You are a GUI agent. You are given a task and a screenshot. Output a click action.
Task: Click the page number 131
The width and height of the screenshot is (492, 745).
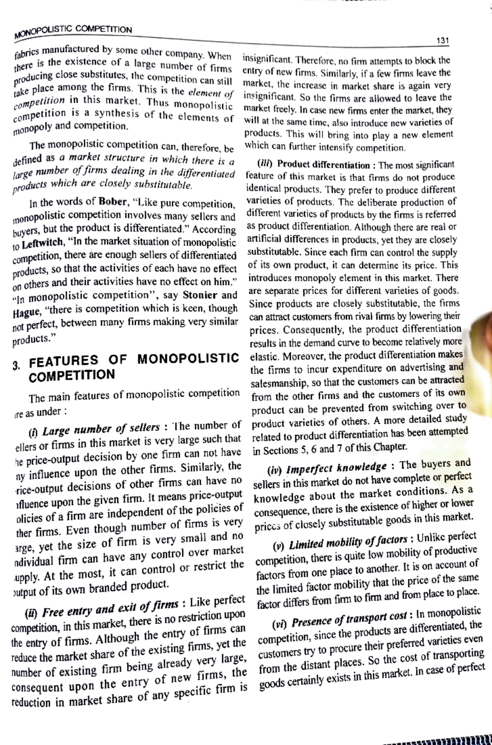tap(443, 41)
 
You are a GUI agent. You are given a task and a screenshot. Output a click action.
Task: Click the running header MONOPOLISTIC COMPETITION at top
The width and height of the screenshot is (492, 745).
tap(73, 31)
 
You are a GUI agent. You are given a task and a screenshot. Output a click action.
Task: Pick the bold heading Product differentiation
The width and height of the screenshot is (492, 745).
tap(323, 165)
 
